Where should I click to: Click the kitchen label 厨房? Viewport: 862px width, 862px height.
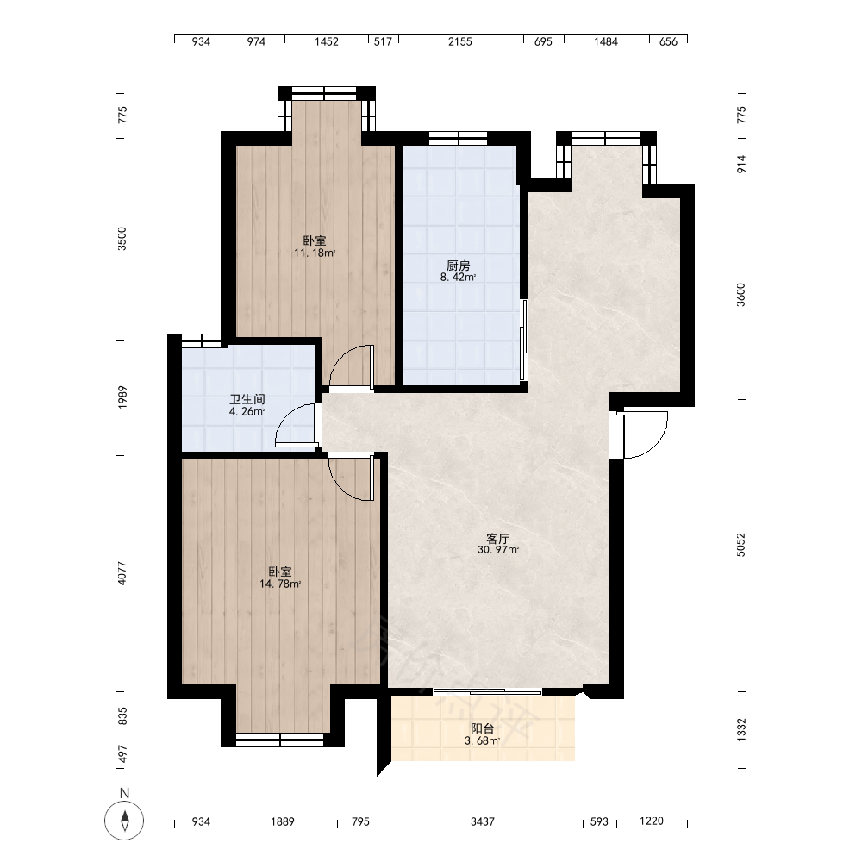[x=458, y=265]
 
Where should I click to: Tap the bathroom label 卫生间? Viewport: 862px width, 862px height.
[x=247, y=400]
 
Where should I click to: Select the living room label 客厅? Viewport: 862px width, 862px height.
[x=498, y=538]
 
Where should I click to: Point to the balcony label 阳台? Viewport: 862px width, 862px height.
[x=483, y=729]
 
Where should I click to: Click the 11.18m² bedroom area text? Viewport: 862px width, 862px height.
[x=315, y=253]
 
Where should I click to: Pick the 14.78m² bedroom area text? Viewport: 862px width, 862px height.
[x=280, y=584]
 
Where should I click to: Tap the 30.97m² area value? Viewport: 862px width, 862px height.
[x=498, y=550]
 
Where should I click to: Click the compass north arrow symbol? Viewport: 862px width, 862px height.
[x=125, y=821]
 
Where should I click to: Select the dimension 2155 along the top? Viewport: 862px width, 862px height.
[x=459, y=41]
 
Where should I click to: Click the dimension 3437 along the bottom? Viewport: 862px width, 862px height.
[x=483, y=821]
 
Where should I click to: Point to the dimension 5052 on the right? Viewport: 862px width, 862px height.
[x=741, y=544]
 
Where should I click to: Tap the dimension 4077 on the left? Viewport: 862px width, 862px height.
[x=122, y=573]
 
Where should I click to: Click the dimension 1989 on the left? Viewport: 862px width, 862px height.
[x=122, y=397]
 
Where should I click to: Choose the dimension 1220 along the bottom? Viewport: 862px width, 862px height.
[x=652, y=821]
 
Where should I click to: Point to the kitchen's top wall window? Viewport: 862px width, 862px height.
[x=458, y=139]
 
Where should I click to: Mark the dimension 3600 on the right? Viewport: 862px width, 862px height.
[x=741, y=295]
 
